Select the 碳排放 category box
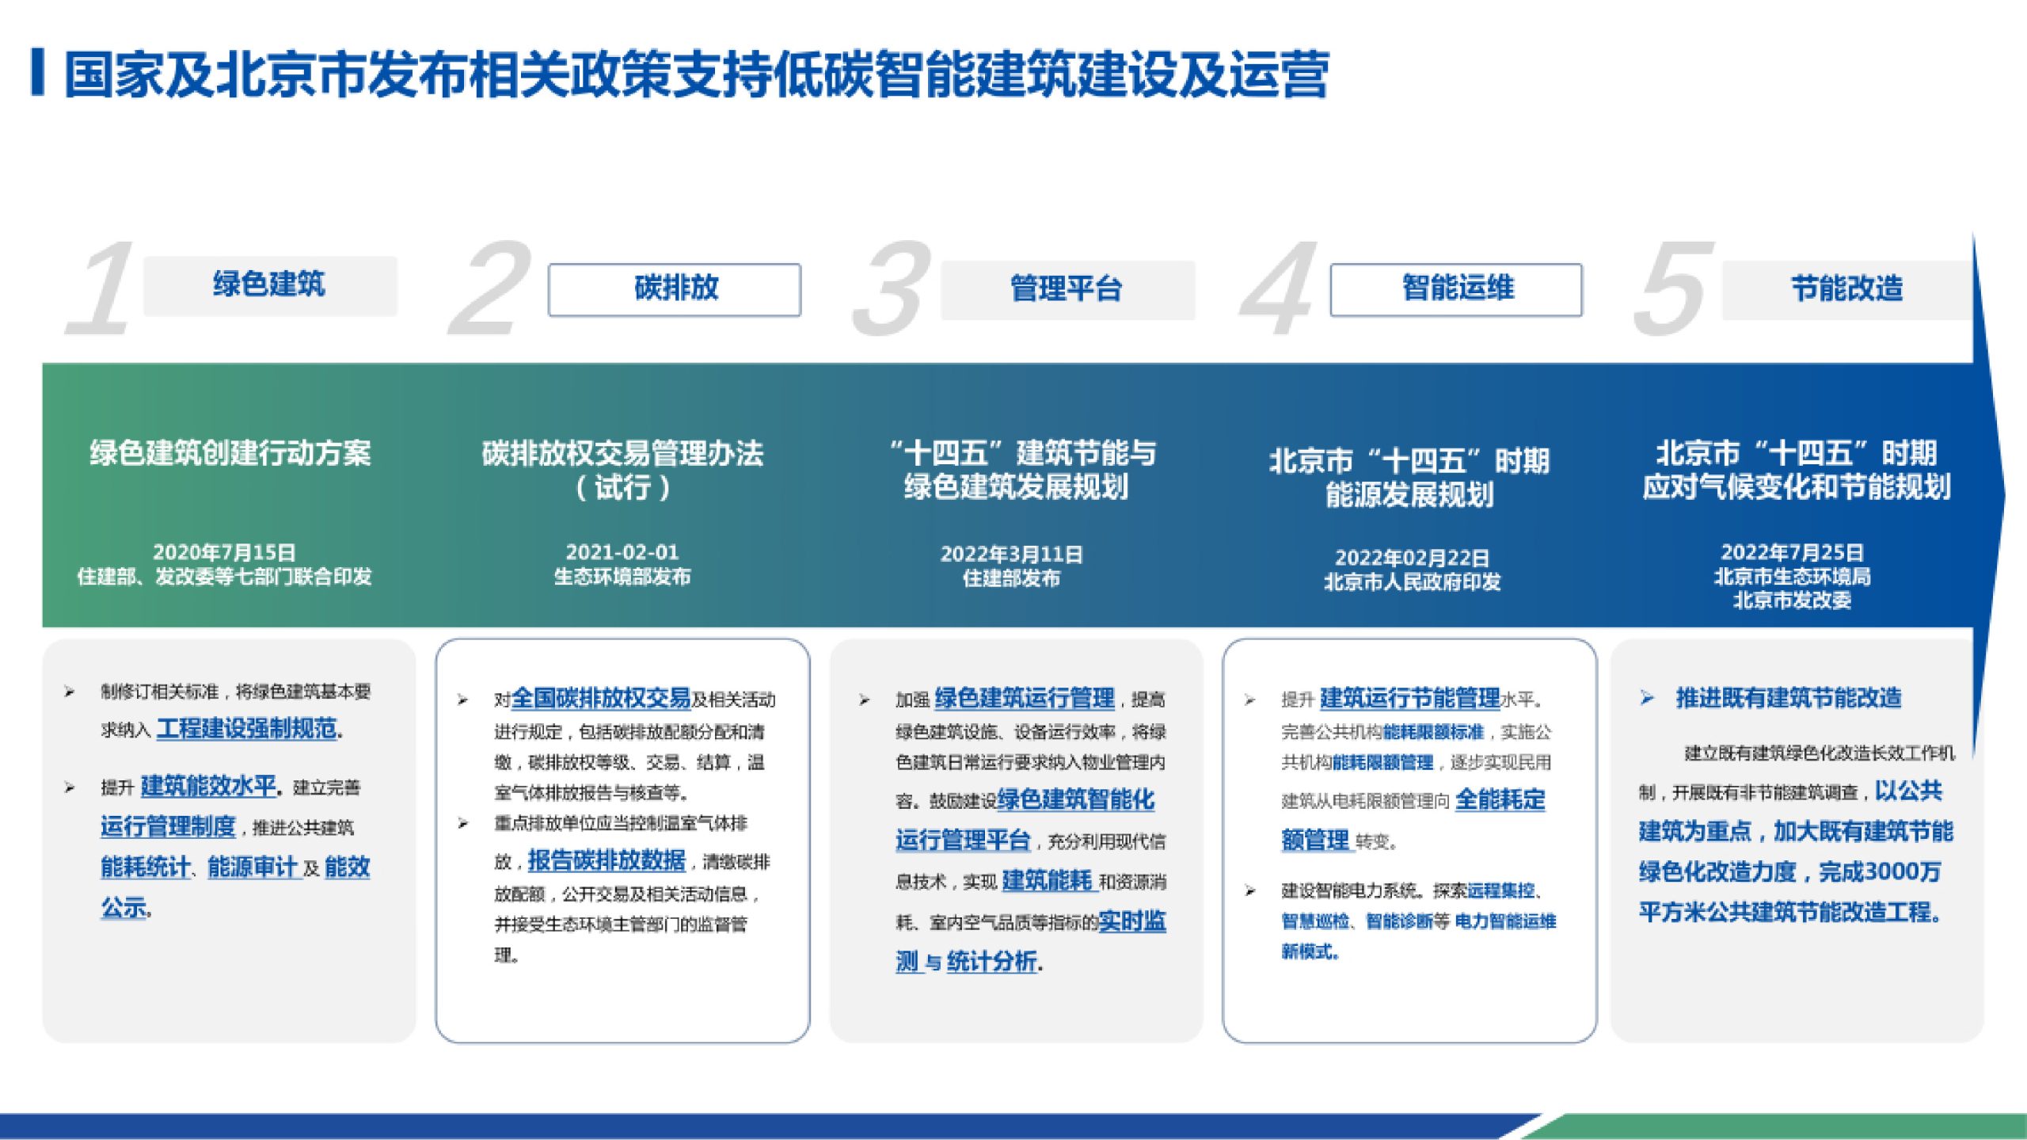(x=675, y=289)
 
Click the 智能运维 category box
(x=1456, y=289)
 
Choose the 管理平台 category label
(x=1067, y=289)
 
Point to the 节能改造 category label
(x=1846, y=289)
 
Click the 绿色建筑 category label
(x=269, y=284)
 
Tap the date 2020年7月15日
(x=224, y=552)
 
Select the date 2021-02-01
(x=622, y=552)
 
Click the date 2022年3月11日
(x=1011, y=555)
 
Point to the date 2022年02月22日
(x=1412, y=558)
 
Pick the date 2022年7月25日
(x=1792, y=552)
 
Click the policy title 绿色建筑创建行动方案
(x=230, y=454)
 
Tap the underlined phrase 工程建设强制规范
(x=247, y=728)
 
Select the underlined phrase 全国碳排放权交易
(x=601, y=699)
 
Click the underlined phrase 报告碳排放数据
(x=607, y=860)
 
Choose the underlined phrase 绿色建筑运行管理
(x=1025, y=698)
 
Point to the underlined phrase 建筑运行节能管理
(x=1409, y=698)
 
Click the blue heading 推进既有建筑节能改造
(x=1788, y=698)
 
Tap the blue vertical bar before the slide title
(x=37, y=73)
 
